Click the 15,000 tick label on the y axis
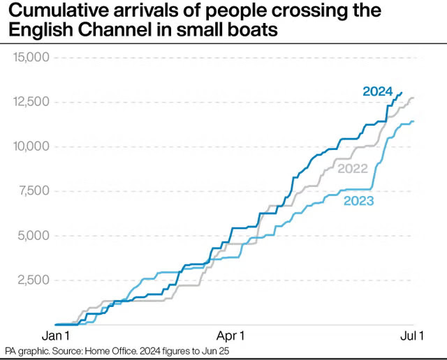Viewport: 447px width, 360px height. (31, 57)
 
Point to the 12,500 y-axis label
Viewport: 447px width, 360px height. (31, 102)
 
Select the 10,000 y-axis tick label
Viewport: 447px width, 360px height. (31, 147)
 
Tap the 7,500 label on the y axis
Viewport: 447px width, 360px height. (34, 191)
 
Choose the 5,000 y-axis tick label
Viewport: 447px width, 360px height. (34, 236)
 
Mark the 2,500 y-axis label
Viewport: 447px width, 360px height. (34, 280)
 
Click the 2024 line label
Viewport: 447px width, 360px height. (377, 91)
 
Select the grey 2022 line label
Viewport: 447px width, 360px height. (352, 168)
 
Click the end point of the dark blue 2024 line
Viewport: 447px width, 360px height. (402, 93)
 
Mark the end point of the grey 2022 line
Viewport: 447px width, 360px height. (413, 98)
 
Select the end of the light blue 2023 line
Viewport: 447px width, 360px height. (414, 122)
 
